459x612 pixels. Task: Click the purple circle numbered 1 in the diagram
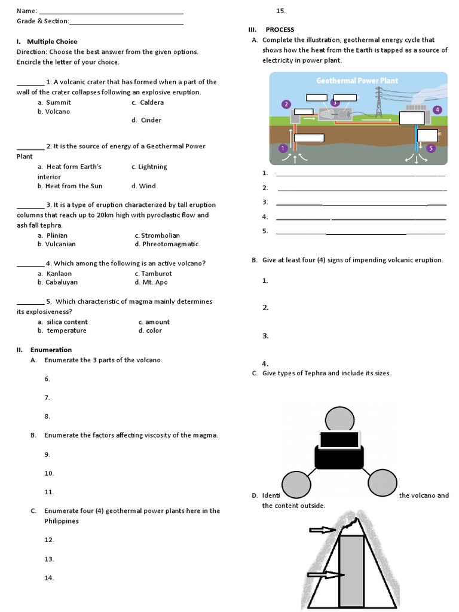point(283,148)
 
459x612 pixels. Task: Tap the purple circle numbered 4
point(437,110)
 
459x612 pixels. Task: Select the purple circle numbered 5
point(432,148)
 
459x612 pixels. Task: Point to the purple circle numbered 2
point(286,104)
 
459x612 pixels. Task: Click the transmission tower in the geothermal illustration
point(378,102)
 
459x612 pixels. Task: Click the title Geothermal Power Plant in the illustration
point(357,81)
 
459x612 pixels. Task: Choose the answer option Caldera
point(152,102)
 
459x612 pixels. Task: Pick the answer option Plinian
point(57,235)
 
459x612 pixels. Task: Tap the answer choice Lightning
point(152,167)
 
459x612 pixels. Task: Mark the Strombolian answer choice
point(160,235)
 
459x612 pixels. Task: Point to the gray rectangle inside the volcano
point(351,571)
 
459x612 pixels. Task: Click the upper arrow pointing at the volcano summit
point(322,530)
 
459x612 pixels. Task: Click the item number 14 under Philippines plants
point(49,578)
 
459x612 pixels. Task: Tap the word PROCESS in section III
point(280,30)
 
